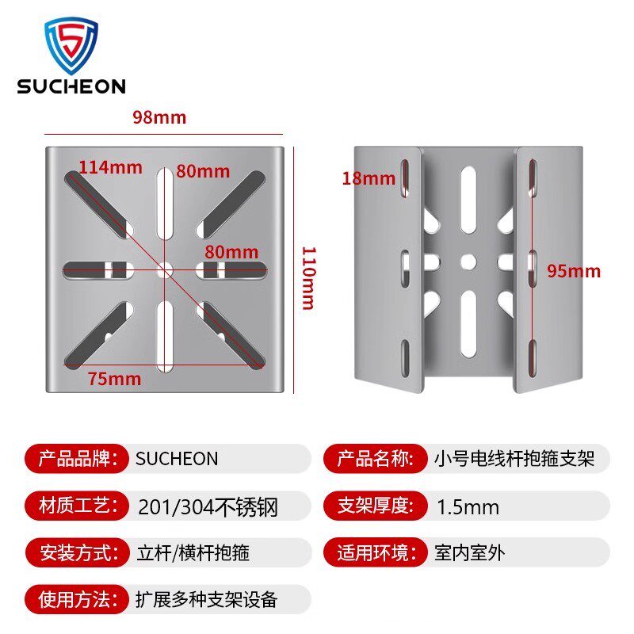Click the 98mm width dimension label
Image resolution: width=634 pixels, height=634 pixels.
tap(159, 117)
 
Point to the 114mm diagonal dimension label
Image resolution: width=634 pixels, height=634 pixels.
tap(110, 167)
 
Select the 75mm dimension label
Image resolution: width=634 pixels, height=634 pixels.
tap(114, 379)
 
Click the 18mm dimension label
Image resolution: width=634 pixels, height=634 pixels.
tap(369, 178)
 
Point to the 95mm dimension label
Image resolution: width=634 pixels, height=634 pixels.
tap(574, 271)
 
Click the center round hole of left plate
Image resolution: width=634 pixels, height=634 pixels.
tap(166, 269)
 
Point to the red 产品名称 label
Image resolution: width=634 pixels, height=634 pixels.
tap(375, 459)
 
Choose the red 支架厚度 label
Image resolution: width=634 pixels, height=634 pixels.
tap(375, 506)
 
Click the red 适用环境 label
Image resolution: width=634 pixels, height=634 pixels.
tap(375, 552)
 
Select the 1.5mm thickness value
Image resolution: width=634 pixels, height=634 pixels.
tap(468, 506)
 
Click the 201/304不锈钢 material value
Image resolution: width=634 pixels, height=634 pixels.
tap(208, 506)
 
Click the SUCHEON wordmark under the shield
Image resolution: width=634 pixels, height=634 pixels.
tap(71, 86)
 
